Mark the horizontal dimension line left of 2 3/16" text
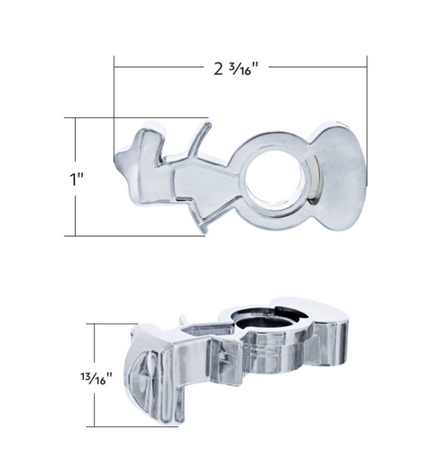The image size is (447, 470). click(161, 65)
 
